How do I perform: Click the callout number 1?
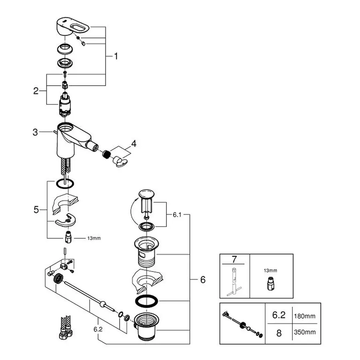tap(116, 56)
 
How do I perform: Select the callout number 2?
tap(36, 91)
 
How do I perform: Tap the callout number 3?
tap(36, 132)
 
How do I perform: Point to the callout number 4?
tap(134, 143)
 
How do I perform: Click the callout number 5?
tap(36, 209)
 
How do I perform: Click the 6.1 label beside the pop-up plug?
tap(177, 215)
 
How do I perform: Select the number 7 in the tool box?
tap(234, 259)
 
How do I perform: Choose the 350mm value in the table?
tap(305, 332)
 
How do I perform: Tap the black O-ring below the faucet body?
tap(65, 183)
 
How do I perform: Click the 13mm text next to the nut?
tap(94, 238)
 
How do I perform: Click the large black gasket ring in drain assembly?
tap(146, 300)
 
